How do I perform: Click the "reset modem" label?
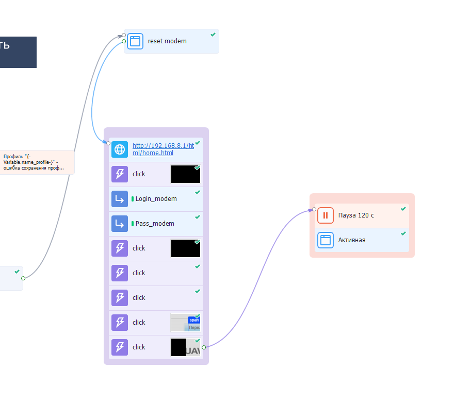[167, 41]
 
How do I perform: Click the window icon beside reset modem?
[135, 41]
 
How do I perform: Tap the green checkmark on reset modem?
[213, 35]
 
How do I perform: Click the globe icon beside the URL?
[120, 149]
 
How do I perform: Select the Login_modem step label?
[156, 199]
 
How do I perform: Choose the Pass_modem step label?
[155, 224]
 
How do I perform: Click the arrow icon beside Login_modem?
[120, 199]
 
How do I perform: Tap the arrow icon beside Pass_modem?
[120, 224]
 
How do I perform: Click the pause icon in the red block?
[326, 215]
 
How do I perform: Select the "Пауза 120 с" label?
[356, 215]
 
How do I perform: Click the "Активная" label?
[352, 240]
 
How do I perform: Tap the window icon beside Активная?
[326, 240]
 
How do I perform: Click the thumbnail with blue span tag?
[186, 323]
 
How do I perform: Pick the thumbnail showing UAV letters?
[186, 347]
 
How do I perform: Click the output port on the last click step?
[204, 347]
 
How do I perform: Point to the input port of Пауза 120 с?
[314, 209]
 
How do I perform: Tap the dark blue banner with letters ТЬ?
[18, 52]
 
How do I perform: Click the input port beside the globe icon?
[108, 143]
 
